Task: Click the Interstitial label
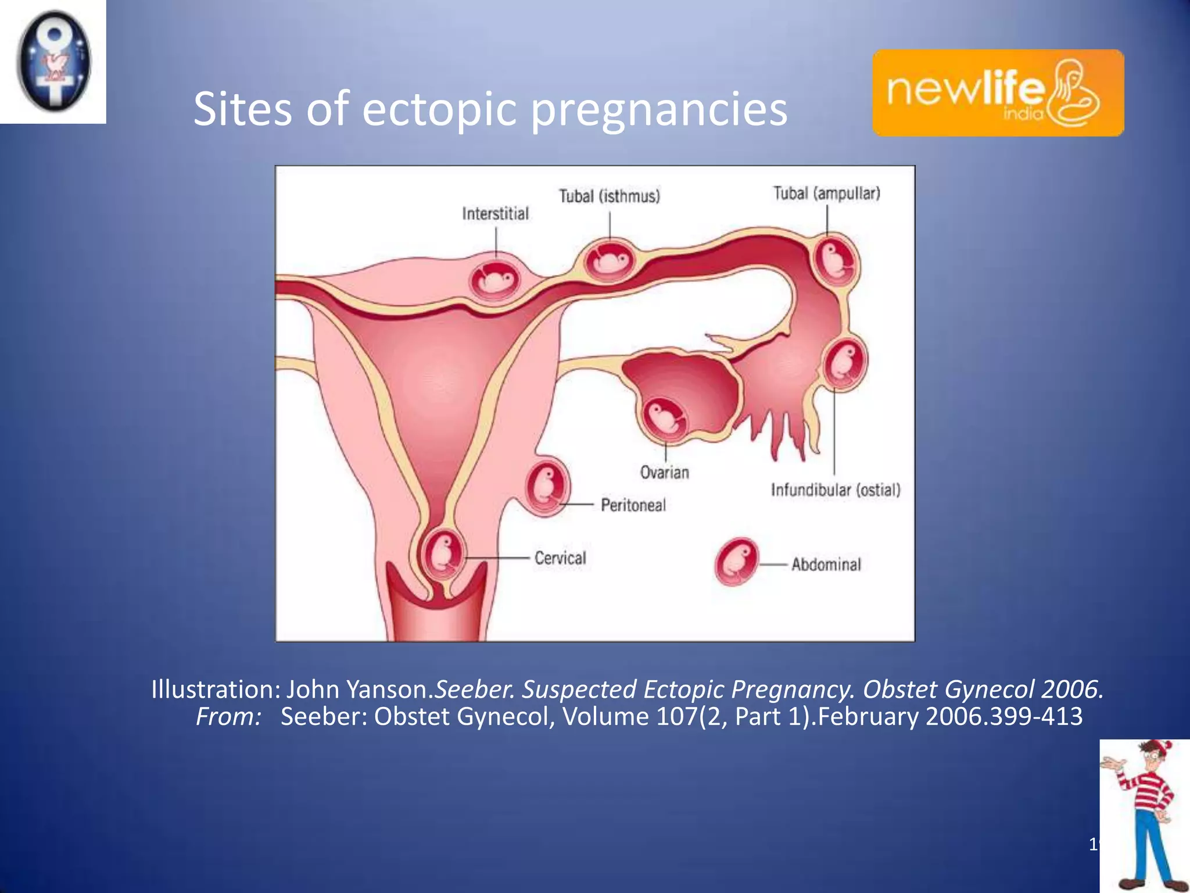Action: point(495,214)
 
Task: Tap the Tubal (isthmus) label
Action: point(609,196)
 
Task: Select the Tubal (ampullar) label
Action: point(826,193)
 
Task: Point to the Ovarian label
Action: point(664,472)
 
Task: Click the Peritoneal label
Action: point(633,505)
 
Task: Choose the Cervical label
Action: point(560,558)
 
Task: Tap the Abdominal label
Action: point(826,564)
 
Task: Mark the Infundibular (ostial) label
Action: point(835,490)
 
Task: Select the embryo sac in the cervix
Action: point(443,553)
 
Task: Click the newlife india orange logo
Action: point(998,93)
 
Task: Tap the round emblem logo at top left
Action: point(53,62)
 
